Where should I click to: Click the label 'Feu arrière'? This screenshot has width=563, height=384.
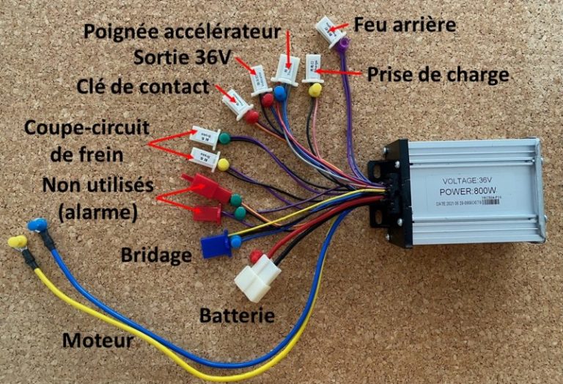pyautogui.click(x=405, y=25)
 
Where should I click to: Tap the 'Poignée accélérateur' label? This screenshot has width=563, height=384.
pyautogui.click(x=183, y=32)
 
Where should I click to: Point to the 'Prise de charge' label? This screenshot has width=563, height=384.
pyautogui.click(x=438, y=74)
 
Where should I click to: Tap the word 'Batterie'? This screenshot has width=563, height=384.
pyautogui.click(x=238, y=316)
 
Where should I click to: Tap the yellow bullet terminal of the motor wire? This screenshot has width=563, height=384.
pyautogui.click(x=16, y=242)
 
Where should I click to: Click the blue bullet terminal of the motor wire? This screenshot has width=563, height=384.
pyautogui.click(x=34, y=225)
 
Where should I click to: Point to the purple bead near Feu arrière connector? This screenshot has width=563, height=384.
pyautogui.click(x=343, y=44)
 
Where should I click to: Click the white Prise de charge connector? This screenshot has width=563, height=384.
pyautogui.click(x=314, y=67)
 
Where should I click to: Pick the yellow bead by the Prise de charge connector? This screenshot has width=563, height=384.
pyautogui.click(x=315, y=90)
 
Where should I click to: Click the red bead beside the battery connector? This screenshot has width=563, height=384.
pyautogui.click(x=256, y=256)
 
